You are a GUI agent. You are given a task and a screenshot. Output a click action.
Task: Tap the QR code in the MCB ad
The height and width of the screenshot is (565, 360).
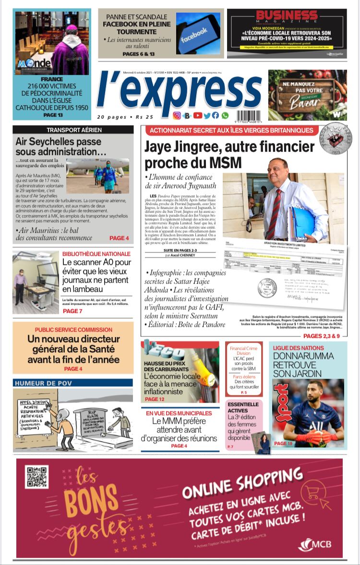tap(36, 477)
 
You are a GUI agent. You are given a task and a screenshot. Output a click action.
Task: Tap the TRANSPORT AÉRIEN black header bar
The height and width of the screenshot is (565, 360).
tap(73, 130)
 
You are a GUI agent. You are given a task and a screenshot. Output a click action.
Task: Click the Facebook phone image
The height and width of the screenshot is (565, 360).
tap(198, 33)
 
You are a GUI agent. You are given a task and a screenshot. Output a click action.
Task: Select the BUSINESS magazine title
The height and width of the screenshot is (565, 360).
tap(287, 16)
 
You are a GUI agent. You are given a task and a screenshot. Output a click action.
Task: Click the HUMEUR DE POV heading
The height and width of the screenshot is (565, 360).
tap(42, 383)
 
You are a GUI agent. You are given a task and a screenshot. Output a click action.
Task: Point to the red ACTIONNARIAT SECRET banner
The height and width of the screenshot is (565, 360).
tap(231, 130)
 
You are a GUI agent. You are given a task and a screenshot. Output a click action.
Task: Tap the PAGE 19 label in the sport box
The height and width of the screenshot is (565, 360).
tap(283, 444)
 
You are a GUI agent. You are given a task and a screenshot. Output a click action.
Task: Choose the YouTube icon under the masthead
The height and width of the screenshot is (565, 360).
tap(198, 115)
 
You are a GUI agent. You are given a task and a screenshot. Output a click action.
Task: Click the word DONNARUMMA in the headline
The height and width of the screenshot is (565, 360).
tap(303, 356)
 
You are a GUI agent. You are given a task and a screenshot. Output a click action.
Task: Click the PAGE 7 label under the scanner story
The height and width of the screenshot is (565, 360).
tap(72, 311)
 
